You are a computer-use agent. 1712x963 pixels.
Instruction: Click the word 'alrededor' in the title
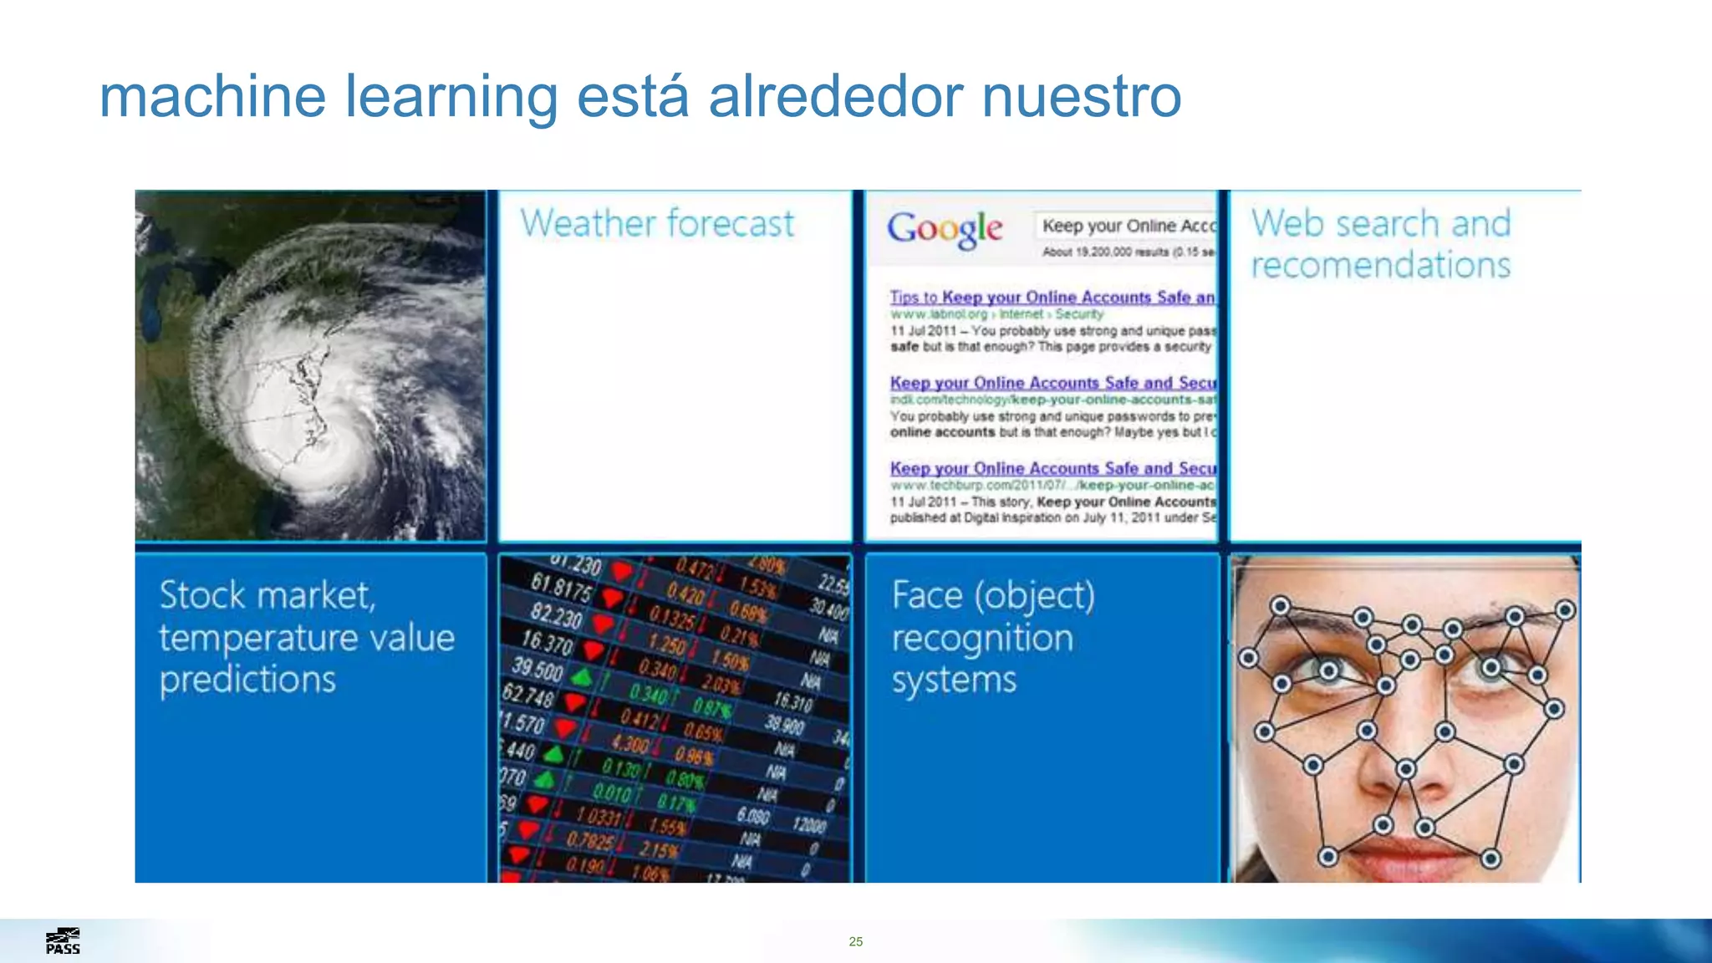(x=836, y=96)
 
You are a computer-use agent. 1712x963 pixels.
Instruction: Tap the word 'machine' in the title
(x=212, y=96)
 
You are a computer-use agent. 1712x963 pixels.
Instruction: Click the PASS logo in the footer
(x=63, y=941)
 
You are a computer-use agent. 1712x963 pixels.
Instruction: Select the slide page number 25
(x=855, y=941)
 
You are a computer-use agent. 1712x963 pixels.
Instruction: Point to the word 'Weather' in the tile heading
(x=588, y=224)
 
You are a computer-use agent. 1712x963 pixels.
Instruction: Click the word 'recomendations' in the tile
(x=1380, y=266)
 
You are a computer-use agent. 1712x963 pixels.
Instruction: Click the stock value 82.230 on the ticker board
(x=555, y=616)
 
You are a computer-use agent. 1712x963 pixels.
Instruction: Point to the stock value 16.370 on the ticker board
(x=547, y=643)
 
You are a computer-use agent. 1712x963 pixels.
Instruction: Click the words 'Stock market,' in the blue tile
(x=267, y=595)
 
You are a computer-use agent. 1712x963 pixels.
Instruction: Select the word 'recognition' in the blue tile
(x=982, y=639)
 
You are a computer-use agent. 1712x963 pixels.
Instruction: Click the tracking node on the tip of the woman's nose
(x=1406, y=768)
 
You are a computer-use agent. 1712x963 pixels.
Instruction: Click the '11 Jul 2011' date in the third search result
(x=923, y=502)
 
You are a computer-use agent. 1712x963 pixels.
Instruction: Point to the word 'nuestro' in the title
(x=1082, y=96)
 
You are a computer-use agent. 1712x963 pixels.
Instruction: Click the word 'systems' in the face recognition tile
(x=954, y=680)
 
